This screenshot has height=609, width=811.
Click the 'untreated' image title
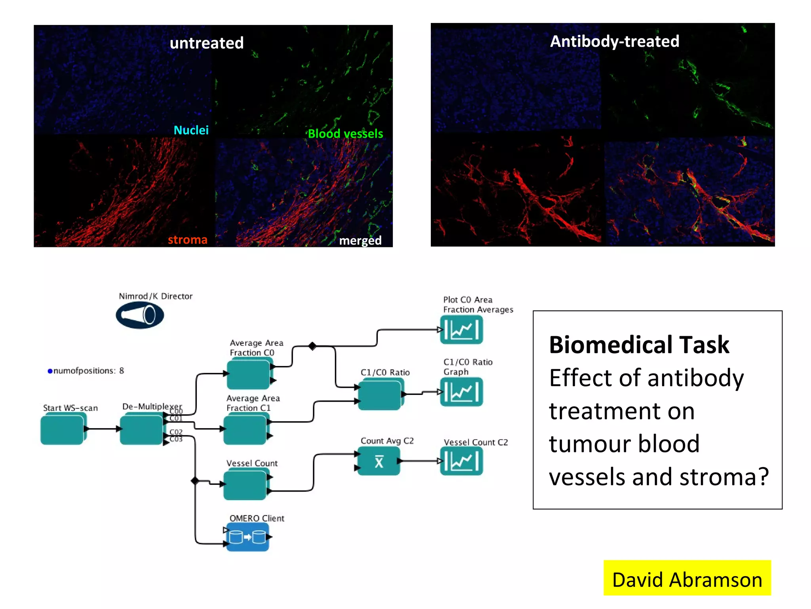click(x=206, y=43)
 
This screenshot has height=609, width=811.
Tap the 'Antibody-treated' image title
click(x=614, y=41)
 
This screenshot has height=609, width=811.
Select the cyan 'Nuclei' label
click(x=191, y=130)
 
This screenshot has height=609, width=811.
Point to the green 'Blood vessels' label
click(x=345, y=134)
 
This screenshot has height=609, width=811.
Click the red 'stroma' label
click(x=187, y=240)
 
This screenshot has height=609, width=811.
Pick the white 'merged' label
click(x=360, y=240)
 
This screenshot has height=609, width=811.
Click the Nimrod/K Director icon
click(x=140, y=315)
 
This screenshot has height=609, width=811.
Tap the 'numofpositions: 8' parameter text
click(x=86, y=371)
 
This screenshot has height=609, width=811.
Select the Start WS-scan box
click(x=63, y=429)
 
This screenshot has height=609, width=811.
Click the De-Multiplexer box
click(x=142, y=429)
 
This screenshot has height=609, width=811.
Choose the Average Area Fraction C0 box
click(x=249, y=373)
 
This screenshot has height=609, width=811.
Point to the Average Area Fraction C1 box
click(x=246, y=429)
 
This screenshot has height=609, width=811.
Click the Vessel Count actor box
click(x=246, y=485)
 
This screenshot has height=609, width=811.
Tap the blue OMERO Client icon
click(x=248, y=537)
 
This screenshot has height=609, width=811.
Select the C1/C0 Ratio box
click(x=380, y=395)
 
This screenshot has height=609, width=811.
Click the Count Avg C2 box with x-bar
click(x=379, y=461)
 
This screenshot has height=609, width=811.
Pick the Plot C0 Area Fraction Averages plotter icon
click(x=462, y=330)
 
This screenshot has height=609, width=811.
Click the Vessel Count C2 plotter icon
click(x=462, y=461)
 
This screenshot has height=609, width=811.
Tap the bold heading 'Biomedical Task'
click(x=639, y=345)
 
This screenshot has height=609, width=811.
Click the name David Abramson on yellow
click(x=687, y=580)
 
